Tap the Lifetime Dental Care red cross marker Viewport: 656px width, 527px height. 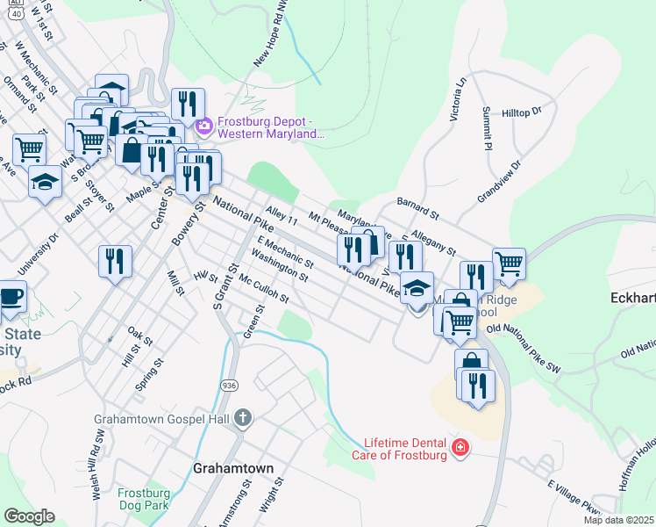460,449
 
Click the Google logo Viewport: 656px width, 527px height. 29,516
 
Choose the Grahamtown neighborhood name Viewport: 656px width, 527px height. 232,468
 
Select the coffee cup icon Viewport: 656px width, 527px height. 11,297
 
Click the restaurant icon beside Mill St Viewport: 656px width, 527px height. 116,261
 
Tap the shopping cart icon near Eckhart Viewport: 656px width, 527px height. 509,263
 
